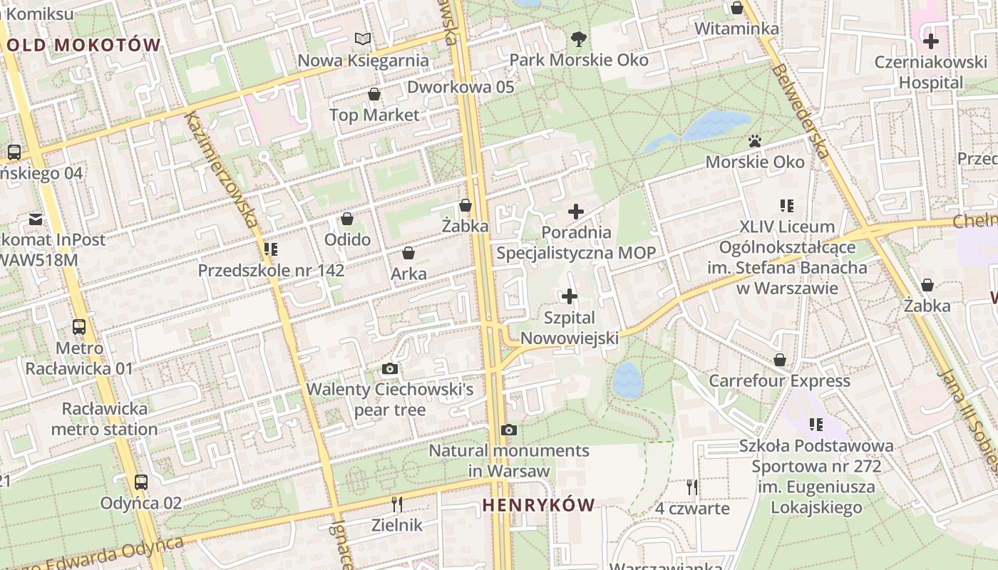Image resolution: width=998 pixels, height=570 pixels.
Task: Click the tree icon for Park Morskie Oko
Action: [578, 38]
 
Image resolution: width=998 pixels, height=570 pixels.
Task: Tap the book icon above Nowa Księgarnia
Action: [363, 38]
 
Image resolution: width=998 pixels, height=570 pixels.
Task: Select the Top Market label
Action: [374, 115]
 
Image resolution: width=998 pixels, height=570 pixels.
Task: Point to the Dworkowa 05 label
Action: [461, 87]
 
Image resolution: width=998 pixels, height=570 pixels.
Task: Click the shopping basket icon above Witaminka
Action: [737, 8]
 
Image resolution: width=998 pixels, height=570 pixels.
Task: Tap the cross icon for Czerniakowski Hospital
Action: [931, 41]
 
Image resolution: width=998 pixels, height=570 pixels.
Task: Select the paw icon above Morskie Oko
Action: [755, 141]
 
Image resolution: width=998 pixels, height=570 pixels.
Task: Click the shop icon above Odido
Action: [347, 219]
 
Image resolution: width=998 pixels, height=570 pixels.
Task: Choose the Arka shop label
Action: [408, 274]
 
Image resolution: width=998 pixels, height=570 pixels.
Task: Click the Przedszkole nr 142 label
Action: [271, 271]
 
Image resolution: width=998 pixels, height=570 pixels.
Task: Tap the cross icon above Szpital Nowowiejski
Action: [570, 296]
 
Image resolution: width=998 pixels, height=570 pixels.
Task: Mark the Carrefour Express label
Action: [779, 381]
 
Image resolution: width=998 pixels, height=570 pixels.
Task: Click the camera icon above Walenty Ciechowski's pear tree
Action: [389, 368]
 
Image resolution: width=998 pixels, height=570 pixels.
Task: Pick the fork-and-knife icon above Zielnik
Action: [397, 504]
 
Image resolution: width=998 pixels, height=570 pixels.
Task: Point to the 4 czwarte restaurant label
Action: [692, 508]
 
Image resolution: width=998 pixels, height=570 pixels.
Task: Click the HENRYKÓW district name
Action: [538, 505]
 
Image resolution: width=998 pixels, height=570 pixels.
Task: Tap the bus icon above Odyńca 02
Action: [141, 482]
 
